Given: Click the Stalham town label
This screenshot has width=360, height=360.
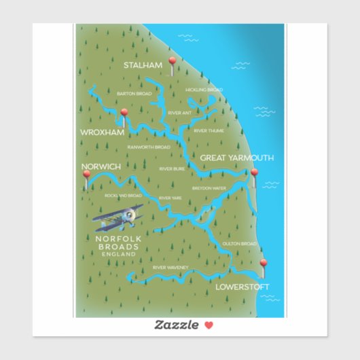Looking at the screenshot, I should (x=143, y=65).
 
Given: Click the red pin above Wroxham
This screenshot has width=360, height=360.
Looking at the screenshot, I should (x=124, y=113).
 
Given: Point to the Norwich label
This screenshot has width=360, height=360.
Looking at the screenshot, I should (x=101, y=166).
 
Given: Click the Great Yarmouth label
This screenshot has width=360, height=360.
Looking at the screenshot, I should (x=236, y=158).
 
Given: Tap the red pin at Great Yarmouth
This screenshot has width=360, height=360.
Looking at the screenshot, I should (x=255, y=173).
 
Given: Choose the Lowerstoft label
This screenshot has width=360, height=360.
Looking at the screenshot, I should (x=242, y=287).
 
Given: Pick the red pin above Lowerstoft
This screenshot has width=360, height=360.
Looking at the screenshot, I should (x=264, y=264).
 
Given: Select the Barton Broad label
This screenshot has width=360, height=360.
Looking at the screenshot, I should (x=134, y=94).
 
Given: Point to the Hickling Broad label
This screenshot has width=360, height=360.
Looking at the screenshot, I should (x=204, y=90).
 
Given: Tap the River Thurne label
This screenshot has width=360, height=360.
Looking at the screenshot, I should (x=209, y=130).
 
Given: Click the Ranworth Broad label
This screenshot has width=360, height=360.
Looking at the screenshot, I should (x=149, y=147).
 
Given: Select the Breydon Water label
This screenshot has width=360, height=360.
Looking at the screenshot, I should (x=209, y=188).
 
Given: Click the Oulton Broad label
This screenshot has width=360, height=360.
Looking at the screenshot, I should (x=240, y=243).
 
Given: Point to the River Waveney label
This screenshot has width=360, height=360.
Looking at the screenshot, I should (x=170, y=268).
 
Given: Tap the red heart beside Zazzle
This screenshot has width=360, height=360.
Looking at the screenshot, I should (x=209, y=325).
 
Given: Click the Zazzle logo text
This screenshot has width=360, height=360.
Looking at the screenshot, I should (x=175, y=325).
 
